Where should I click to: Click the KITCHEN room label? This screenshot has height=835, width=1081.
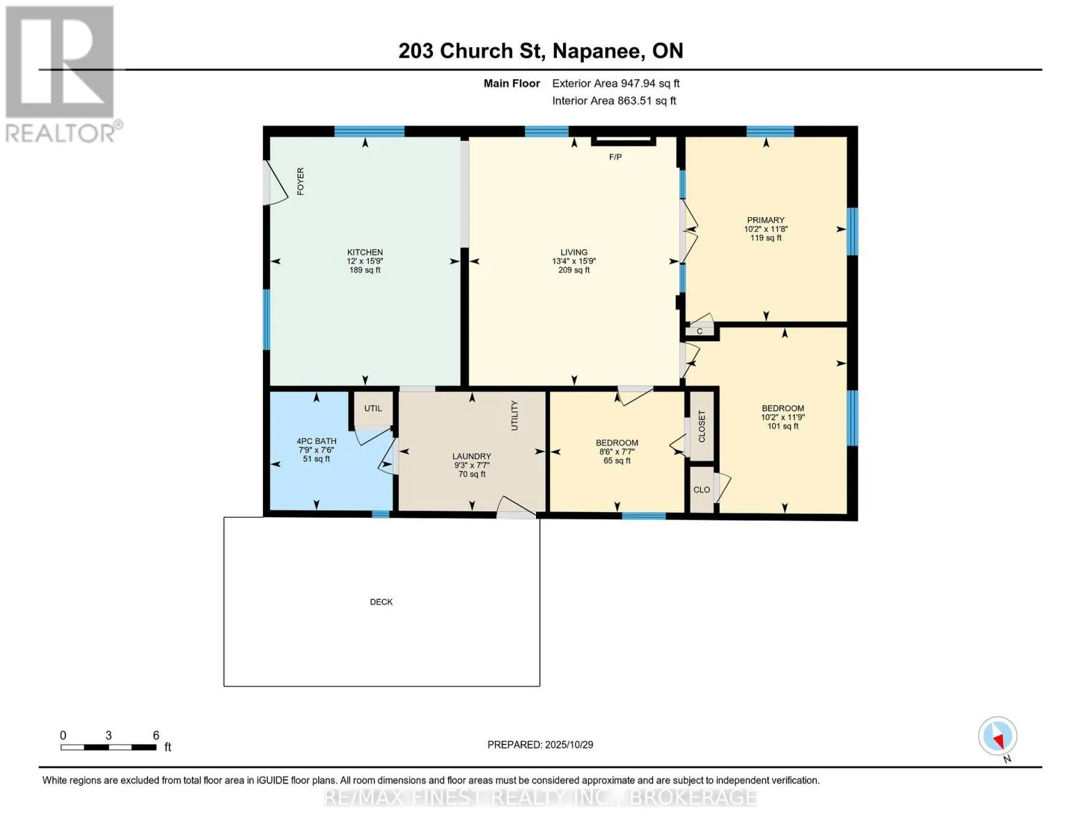point(365,252)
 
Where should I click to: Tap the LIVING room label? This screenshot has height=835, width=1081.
point(574,252)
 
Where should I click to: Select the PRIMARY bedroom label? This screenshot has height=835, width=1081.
point(766,220)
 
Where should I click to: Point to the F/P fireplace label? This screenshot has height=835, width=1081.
point(615,157)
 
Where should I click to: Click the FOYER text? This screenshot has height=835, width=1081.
point(301,181)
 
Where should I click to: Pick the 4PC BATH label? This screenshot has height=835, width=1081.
point(317,441)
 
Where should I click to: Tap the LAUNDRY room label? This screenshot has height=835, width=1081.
point(472,456)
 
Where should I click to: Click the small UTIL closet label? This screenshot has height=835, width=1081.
point(372,408)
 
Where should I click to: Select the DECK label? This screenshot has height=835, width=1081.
point(381,602)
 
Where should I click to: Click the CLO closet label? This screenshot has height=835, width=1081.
point(702,490)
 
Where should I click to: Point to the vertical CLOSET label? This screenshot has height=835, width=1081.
point(702,427)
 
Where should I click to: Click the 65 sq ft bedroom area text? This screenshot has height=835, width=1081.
point(617,461)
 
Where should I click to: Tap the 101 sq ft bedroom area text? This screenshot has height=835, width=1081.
point(782,427)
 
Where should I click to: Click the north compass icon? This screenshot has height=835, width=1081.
point(997,737)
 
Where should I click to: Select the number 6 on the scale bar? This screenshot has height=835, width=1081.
point(156,735)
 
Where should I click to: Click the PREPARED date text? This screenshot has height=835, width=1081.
point(540,745)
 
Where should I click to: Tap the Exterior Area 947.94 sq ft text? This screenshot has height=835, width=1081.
point(616,83)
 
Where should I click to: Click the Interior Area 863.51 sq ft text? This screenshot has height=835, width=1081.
point(614,101)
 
